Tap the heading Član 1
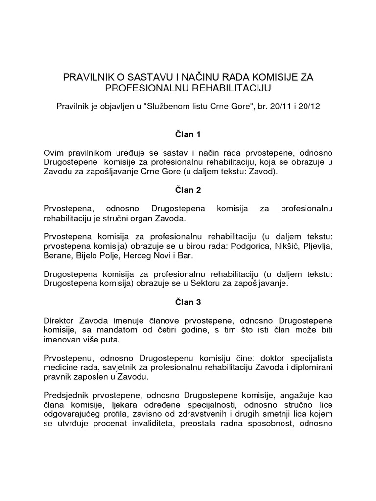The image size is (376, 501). [188, 134]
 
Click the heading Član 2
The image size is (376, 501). [188, 189]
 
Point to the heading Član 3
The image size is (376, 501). [188, 302]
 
